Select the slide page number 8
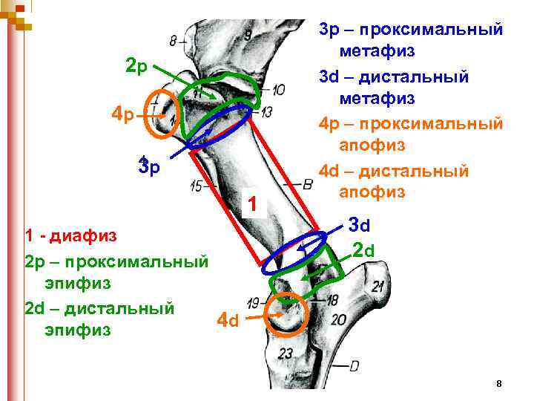(499, 383)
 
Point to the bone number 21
(378, 287)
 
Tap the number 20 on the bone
(340, 319)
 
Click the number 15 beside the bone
(197, 187)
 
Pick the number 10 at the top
(278, 91)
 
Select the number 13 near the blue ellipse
(267, 111)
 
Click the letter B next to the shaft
(307, 183)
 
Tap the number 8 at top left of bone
(174, 41)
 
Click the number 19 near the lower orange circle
(254, 302)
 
